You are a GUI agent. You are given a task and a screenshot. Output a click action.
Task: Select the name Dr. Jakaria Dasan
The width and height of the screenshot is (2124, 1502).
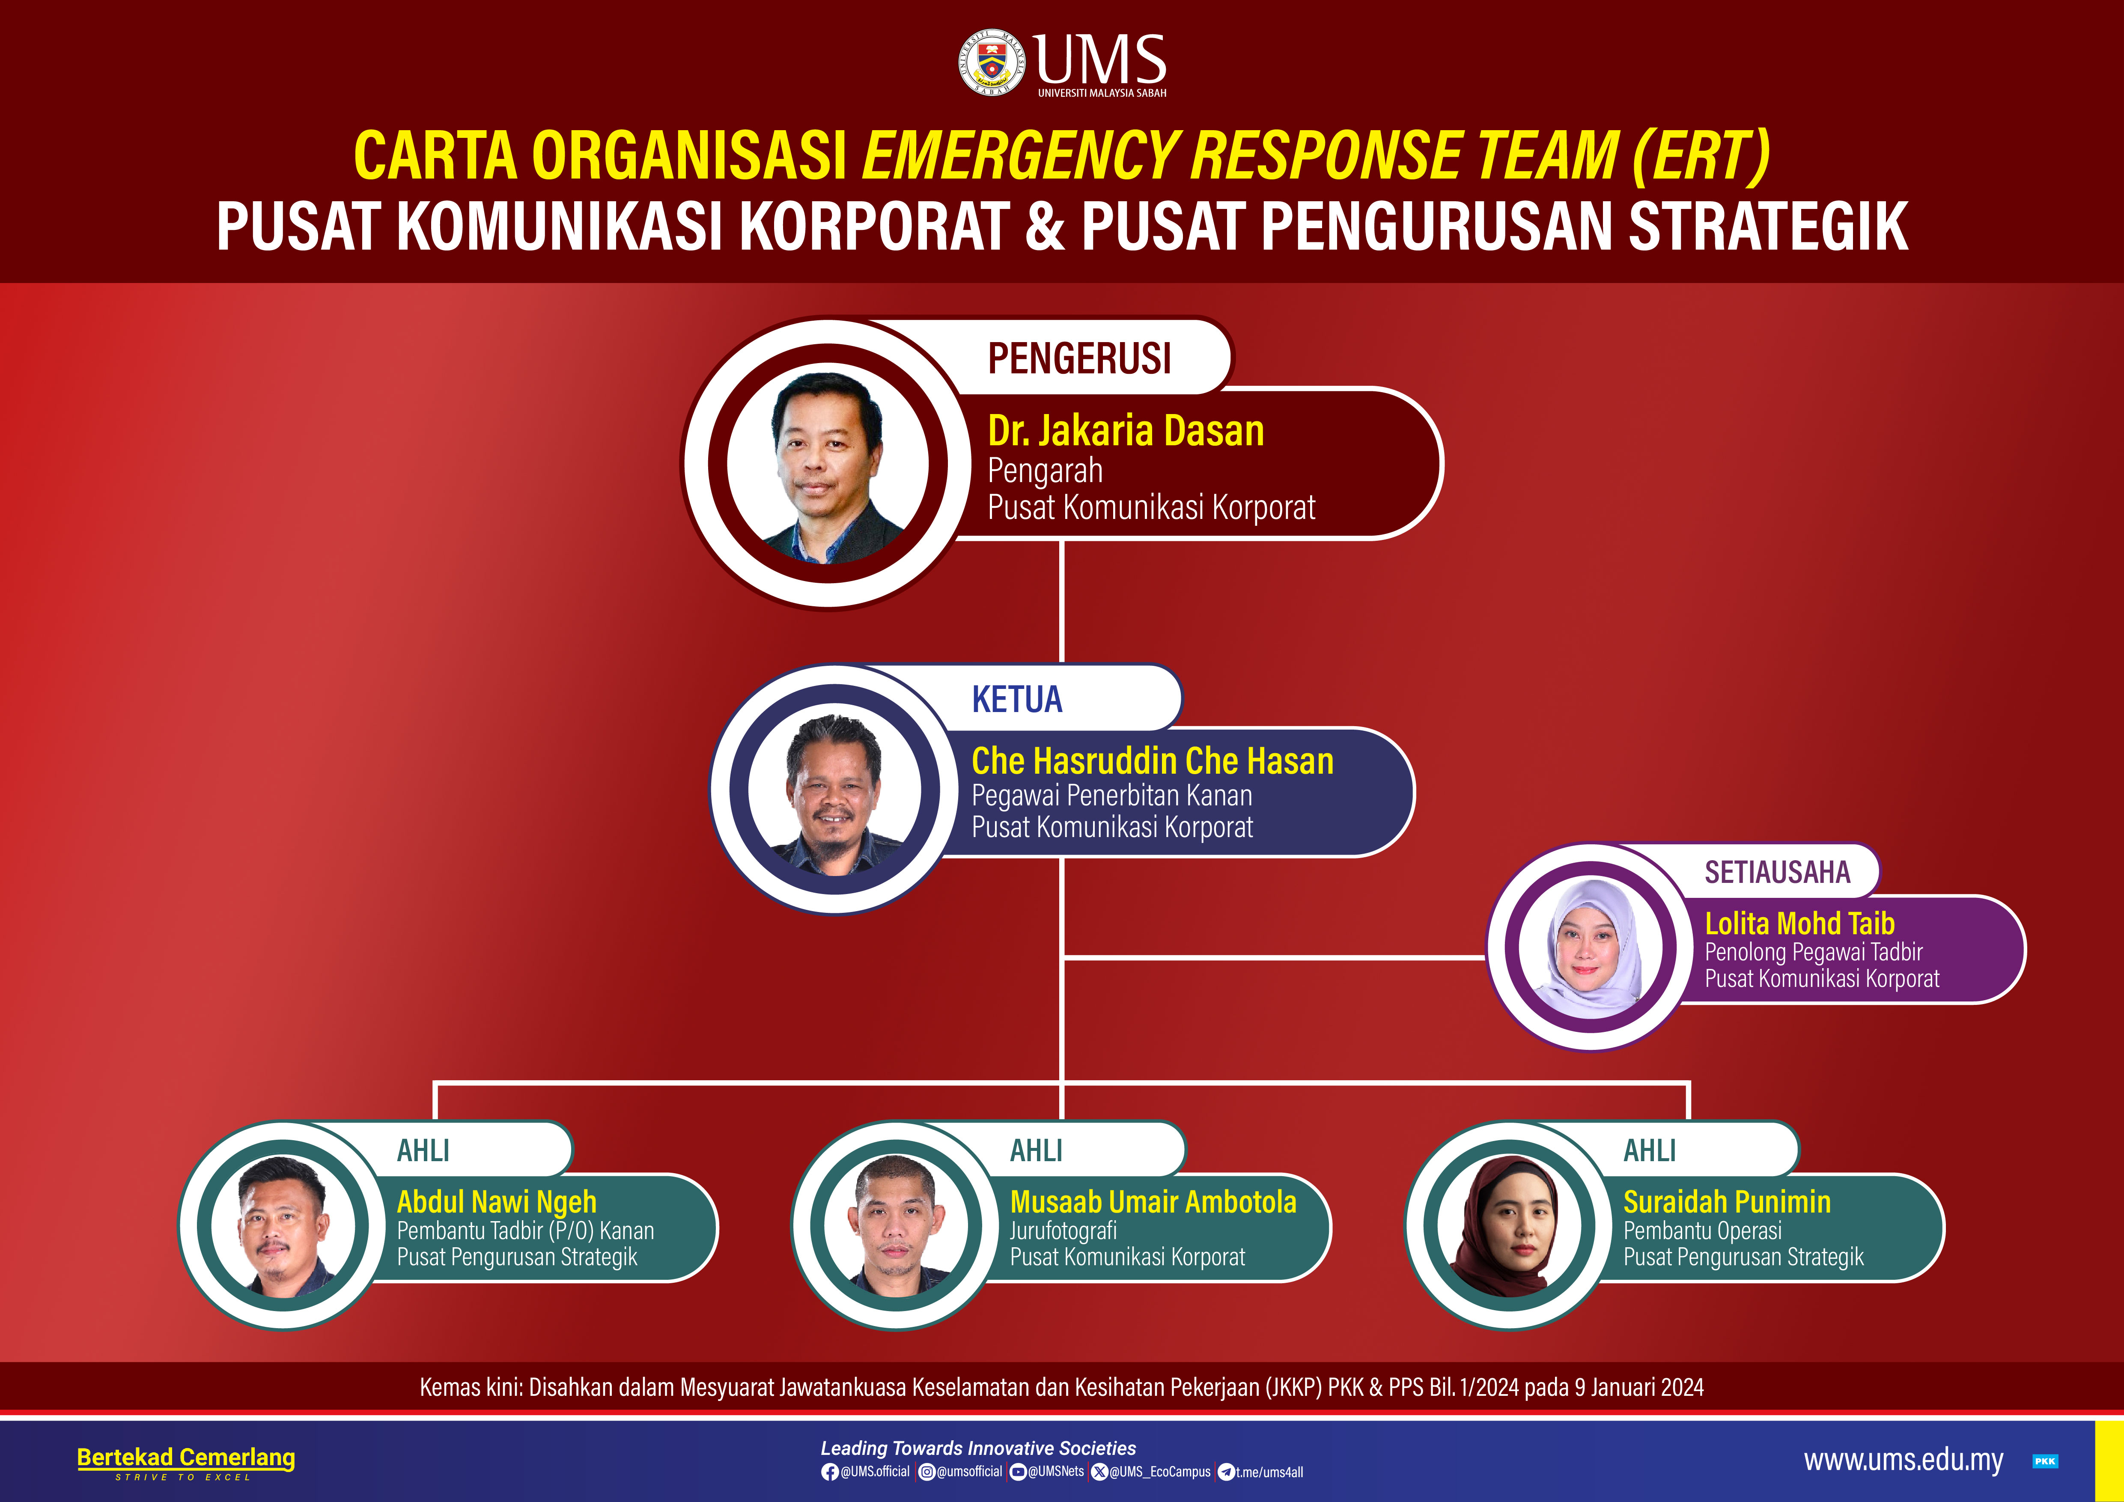coord(1126,431)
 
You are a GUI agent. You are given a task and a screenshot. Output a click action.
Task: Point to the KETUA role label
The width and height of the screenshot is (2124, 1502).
coord(1017,699)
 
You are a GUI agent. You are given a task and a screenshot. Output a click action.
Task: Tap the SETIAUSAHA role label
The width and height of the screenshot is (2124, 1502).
coord(1777,872)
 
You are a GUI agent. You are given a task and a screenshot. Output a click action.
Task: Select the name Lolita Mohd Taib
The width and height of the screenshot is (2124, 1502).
coord(1799,923)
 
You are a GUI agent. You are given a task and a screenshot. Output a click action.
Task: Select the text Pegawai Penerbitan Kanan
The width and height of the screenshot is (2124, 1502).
coord(1112,796)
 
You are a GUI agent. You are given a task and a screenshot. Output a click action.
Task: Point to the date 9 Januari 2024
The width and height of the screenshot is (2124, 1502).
coord(1638,1387)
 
